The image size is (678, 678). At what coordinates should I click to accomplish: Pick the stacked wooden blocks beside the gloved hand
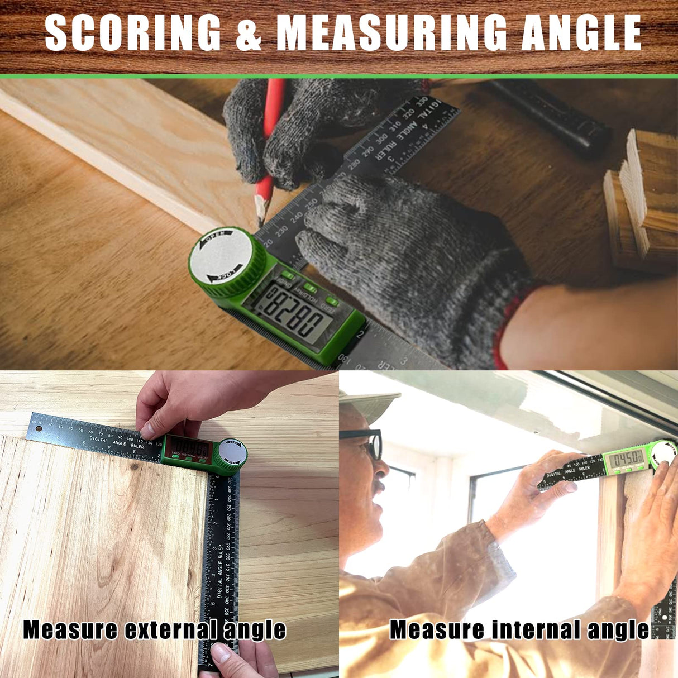tap(642, 201)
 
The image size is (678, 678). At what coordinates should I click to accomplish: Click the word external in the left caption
tap(171, 630)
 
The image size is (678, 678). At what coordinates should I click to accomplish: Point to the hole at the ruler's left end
tap(39, 429)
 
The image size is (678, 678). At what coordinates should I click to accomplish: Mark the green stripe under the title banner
tap(339, 76)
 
